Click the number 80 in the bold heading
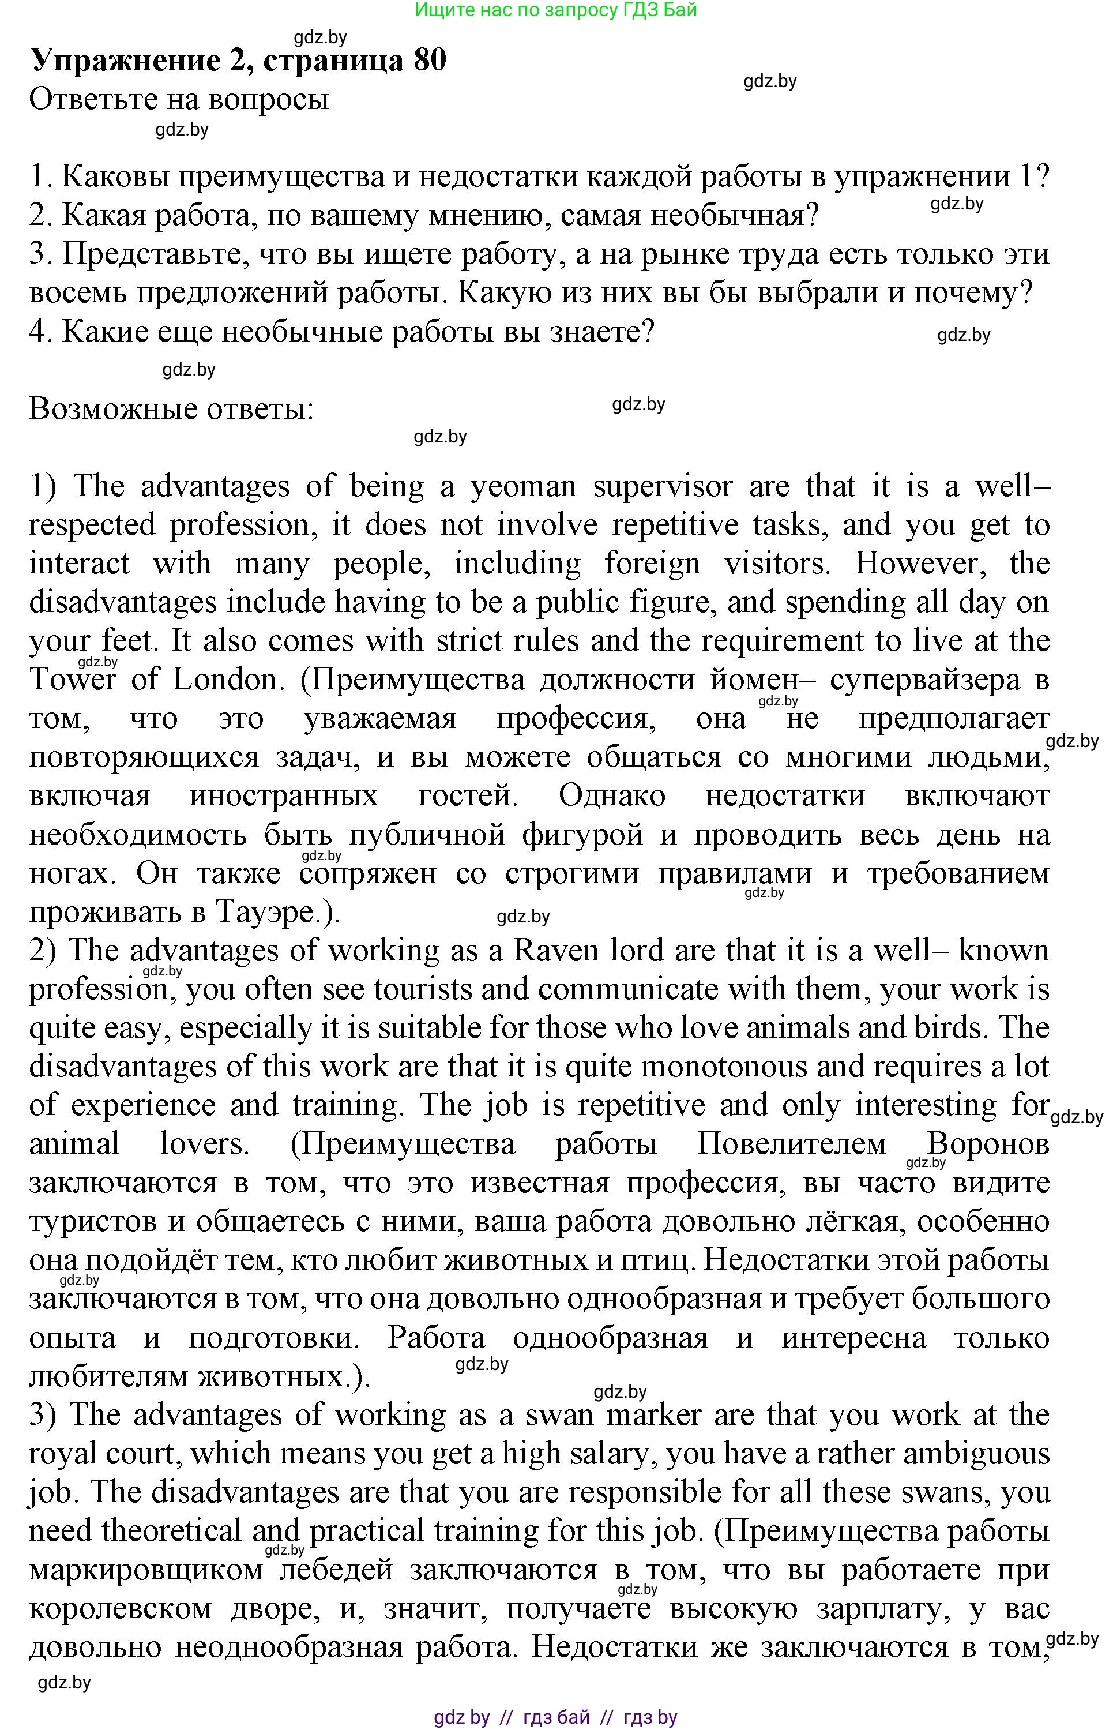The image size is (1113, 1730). click(429, 60)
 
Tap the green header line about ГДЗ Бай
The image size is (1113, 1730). click(556, 10)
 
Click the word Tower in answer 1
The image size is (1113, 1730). click(72, 680)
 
